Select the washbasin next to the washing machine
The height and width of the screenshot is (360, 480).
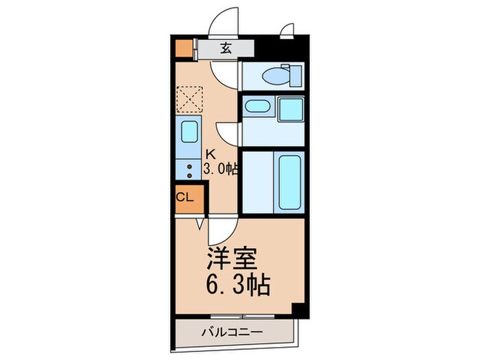pyautogui.click(x=256, y=106)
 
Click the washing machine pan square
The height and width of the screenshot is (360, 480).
pyautogui.click(x=290, y=108)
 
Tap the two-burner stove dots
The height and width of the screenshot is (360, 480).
pyautogui.click(x=189, y=170)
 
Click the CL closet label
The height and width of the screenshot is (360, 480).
pyautogui.click(x=185, y=198)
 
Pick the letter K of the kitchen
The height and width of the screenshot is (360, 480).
pyautogui.click(x=211, y=155)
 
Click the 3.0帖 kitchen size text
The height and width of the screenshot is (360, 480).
pyautogui.click(x=220, y=169)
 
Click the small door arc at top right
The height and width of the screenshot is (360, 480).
pyautogui.click(x=287, y=30)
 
